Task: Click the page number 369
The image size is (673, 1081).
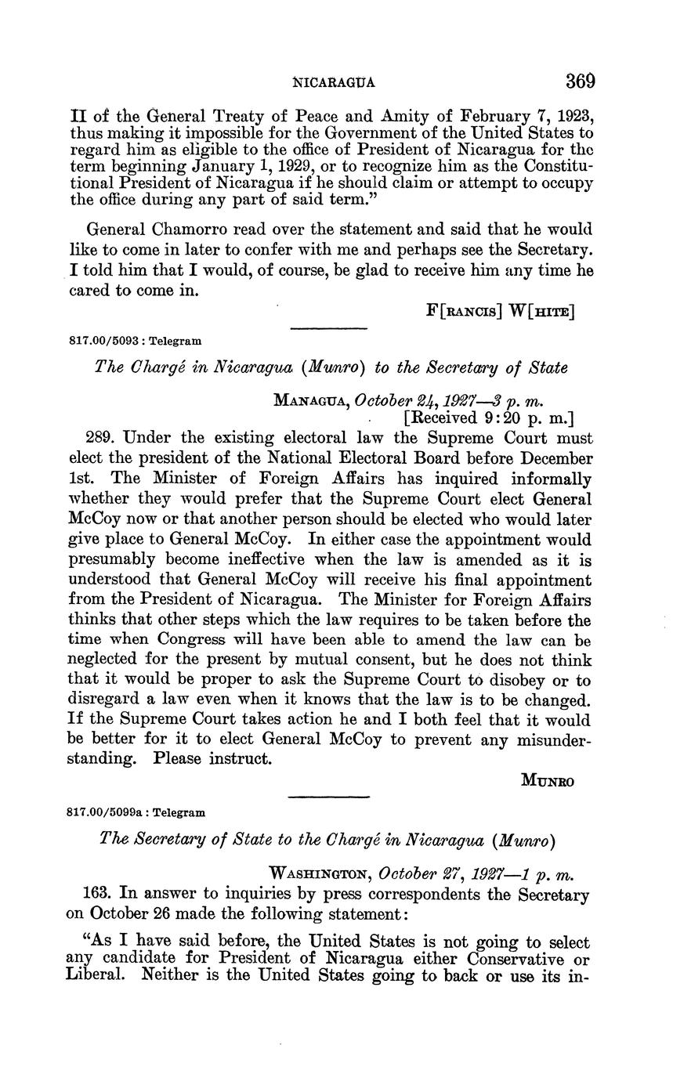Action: [x=581, y=81]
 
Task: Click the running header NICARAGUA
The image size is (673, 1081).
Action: [x=333, y=82]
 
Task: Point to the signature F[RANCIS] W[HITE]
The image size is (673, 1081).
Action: [x=501, y=311]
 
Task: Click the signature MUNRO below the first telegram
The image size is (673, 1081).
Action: [x=548, y=779]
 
